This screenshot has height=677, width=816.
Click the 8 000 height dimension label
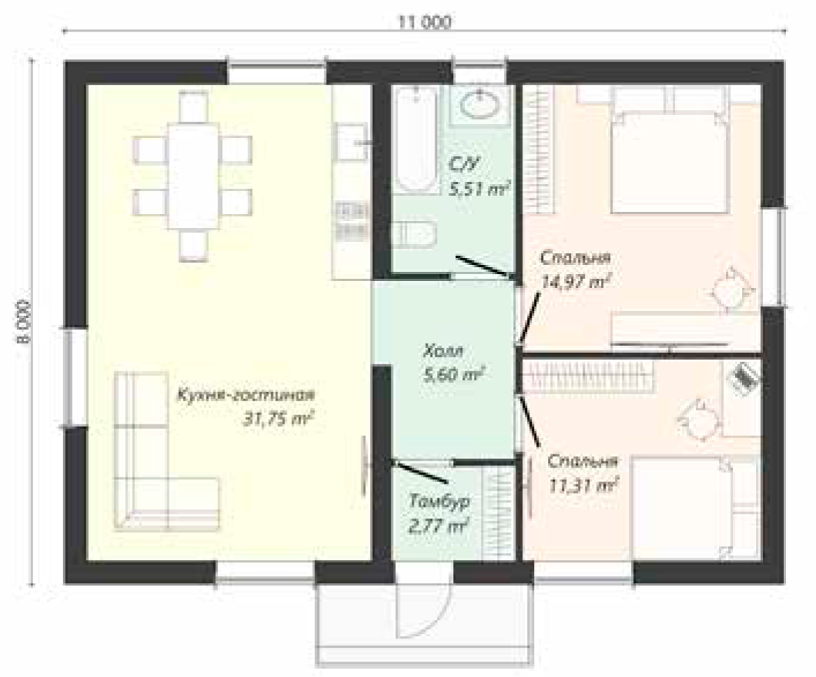tap(23, 321)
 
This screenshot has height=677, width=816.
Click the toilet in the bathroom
tap(415, 234)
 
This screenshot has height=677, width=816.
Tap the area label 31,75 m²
tap(279, 419)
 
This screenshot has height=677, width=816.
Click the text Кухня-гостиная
tap(246, 395)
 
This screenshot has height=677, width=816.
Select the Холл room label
tap(443, 351)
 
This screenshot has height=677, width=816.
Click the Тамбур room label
tap(440, 501)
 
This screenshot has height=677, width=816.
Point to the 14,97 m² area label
tap(576, 282)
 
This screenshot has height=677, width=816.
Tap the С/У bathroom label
tap(462, 165)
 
